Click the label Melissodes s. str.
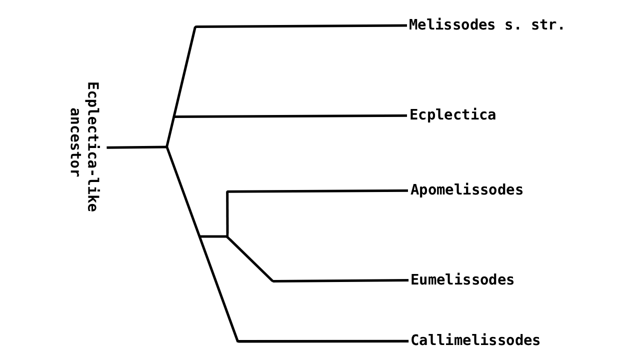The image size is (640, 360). click(486, 25)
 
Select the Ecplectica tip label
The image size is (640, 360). click(452, 115)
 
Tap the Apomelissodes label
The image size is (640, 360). click(466, 190)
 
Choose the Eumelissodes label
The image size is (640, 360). click(462, 280)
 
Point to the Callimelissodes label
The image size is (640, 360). click(475, 340)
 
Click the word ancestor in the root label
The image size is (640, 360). click(74, 142)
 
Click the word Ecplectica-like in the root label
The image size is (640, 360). click(92, 147)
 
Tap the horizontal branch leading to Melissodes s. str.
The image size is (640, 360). click(300, 26)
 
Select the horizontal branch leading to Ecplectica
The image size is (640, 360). click(290, 116)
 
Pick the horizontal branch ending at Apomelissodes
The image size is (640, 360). click(317, 191)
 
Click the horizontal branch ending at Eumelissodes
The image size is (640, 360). click(340, 280)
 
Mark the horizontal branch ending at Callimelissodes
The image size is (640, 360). click(322, 341)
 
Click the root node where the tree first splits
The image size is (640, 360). click(166, 147)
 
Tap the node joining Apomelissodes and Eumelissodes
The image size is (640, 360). click(227, 236)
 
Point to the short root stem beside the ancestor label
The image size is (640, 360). click(136, 147)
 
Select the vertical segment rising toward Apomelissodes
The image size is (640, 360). click(227, 214)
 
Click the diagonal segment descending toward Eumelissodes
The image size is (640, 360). click(250, 258)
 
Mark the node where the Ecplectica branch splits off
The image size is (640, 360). click(174, 116)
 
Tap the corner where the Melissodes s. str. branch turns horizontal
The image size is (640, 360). click(195, 26)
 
